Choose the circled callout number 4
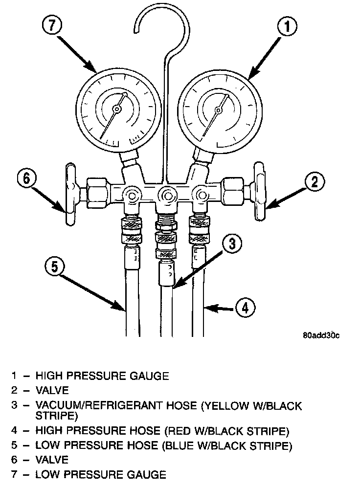[245, 307]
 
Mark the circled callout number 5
[55, 267]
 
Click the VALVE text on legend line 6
[52, 460]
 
